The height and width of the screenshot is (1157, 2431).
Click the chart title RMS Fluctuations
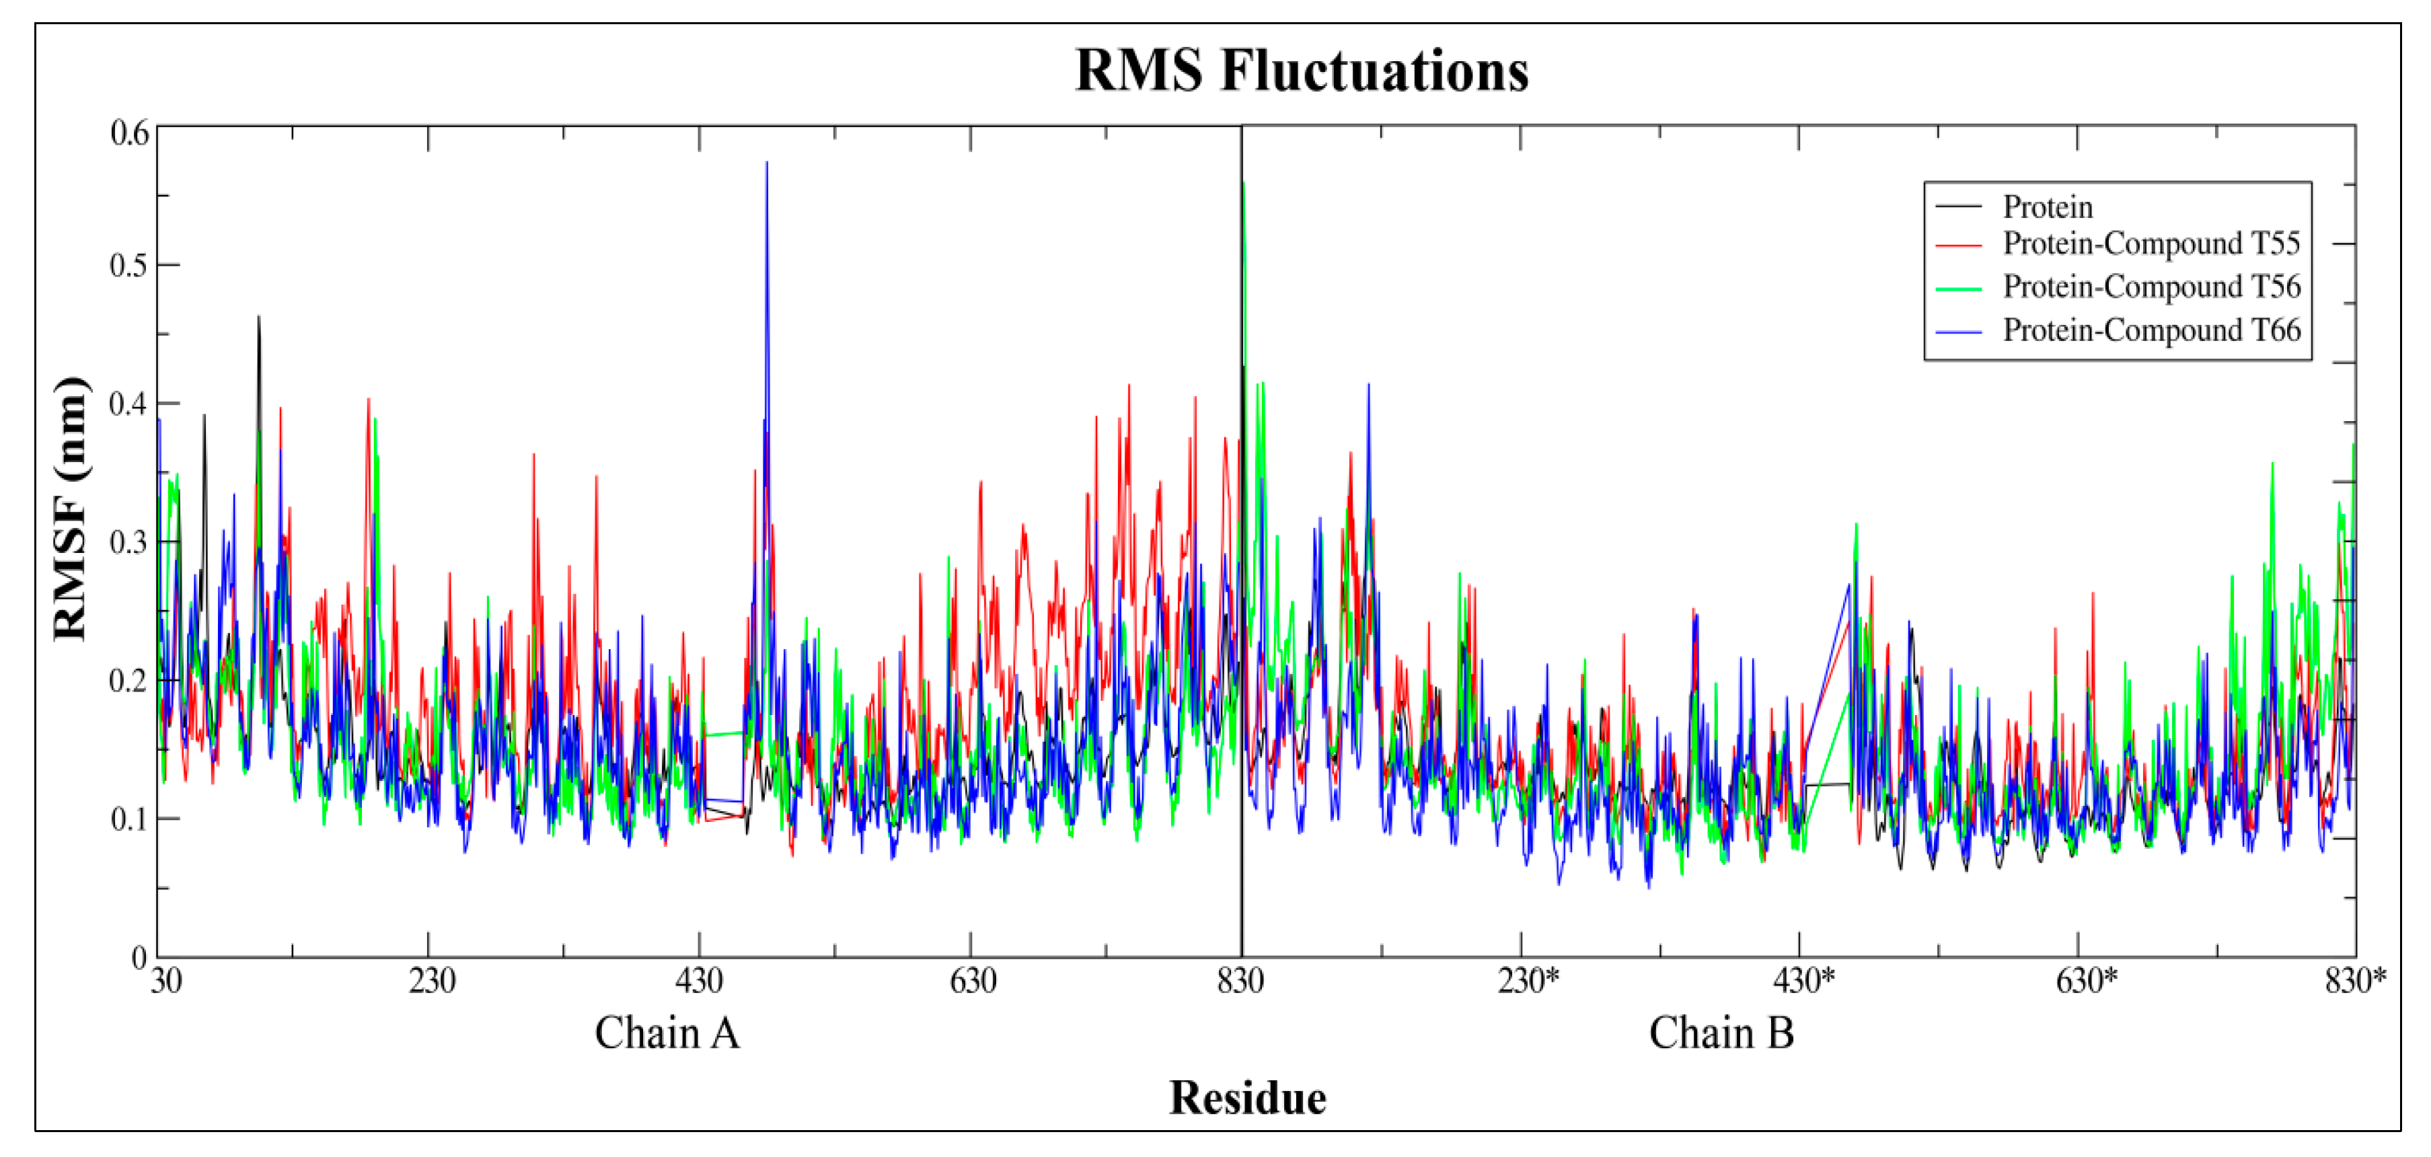pyautogui.click(x=1302, y=71)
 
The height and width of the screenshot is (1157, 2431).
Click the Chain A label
pyautogui.click(x=666, y=1033)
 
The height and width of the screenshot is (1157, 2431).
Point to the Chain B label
pyautogui.click(x=1721, y=1033)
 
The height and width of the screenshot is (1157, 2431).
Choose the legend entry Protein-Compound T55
pyautogui.click(x=2150, y=244)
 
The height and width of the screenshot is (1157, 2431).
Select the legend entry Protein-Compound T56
pyautogui.click(x=2150, y=286)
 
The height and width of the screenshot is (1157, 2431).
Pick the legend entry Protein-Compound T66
pyautogui.click(x=2150, y=330)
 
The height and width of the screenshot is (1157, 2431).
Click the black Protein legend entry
pyautogui.click(x=2047, y=207)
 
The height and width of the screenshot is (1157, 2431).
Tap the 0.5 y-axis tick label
pyautogui.click(x=129, y=265)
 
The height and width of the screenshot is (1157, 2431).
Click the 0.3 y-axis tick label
pyautogui.click(x=129, y=542)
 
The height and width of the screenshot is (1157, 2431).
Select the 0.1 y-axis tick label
pyautogui.click(x=129, y=818)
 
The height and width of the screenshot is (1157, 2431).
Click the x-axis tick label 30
pyautogui.click(x=165, y=981)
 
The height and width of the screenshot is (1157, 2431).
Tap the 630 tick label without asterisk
pyautogui.click(x=972, y=981)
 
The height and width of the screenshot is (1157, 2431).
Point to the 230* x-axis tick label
pyautogui.click(x=1528, y=981)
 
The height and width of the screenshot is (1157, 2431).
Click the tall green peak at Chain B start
pyautogui.click(x=1244, y=184)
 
